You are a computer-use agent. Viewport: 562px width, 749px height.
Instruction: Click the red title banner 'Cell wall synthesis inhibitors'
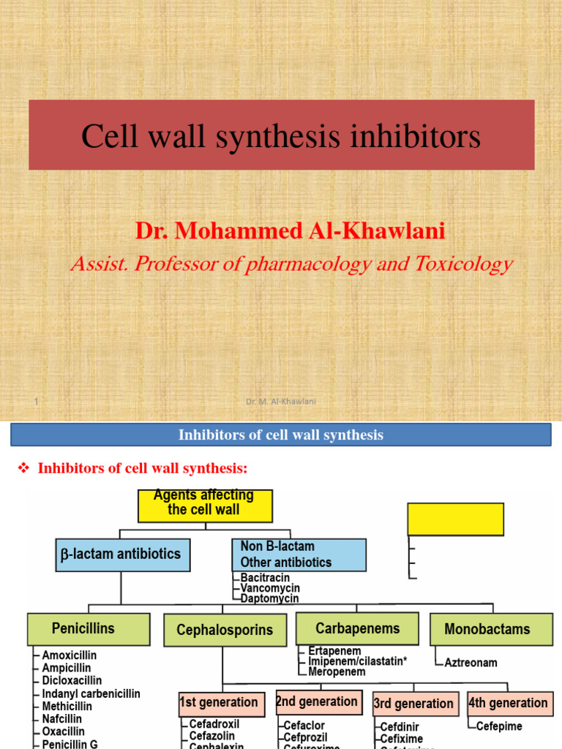pyautogui.click(x=281, y=135)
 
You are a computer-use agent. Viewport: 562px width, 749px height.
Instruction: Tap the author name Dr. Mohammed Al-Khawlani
pyautogui.click(x=290, y=231)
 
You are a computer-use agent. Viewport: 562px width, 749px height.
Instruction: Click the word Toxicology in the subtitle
pyautogui.click(x=465, y=263)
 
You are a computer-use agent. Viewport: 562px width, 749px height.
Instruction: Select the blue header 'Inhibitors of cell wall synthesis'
pyautogui.click(x=281, y=435)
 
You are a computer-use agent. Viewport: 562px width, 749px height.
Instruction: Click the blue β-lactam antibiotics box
pyautogui.click(x=123, y=554)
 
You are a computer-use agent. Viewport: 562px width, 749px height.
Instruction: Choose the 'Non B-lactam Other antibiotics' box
pyautogui.click(x=299, y=554)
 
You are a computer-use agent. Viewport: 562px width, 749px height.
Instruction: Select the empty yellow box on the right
pyautogui.click(x=455, y=519)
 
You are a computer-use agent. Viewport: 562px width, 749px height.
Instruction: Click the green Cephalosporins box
pyautogui.click(x=225, y=630)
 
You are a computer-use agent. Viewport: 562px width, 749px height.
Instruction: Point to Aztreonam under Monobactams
pyautogui.click(x=471, y=663)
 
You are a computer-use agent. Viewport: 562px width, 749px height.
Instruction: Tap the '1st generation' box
pyautogui.click(x=219, y=703)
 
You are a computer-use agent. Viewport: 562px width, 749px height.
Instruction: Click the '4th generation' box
pyautogui.click(x=508, y=704)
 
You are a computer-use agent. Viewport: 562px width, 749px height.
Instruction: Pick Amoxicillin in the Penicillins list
pyautogui.click(x=69, y=655)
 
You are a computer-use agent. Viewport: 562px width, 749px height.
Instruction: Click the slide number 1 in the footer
pyautogui.click(x=36, y=401)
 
